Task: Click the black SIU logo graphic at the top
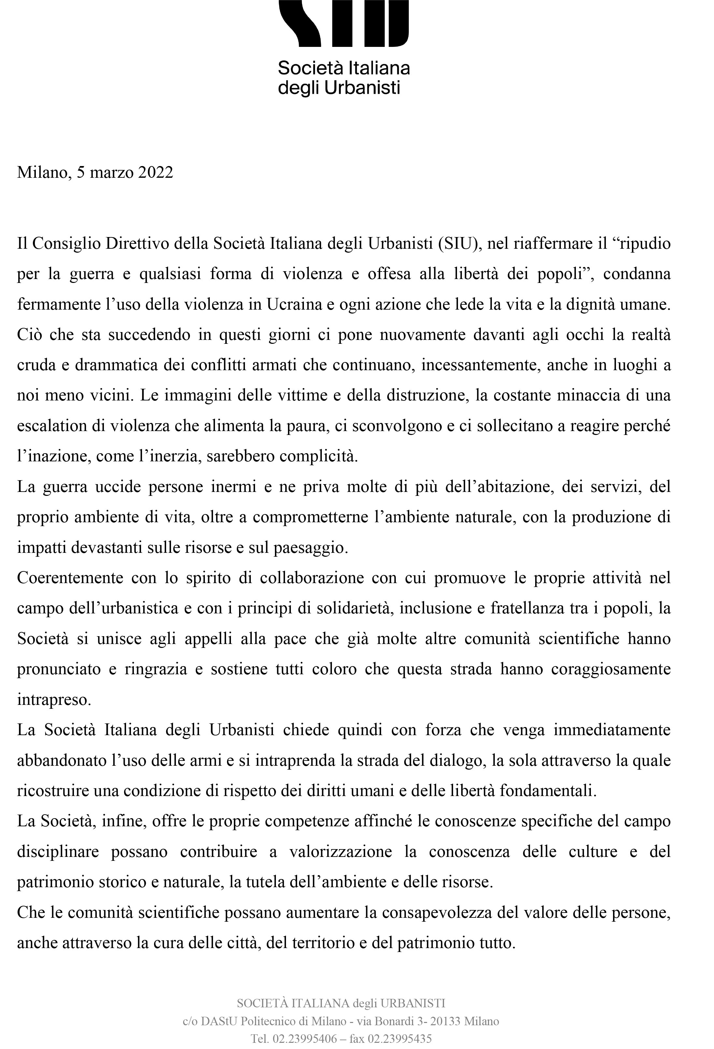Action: pyautogui.click(x=344, y=22)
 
